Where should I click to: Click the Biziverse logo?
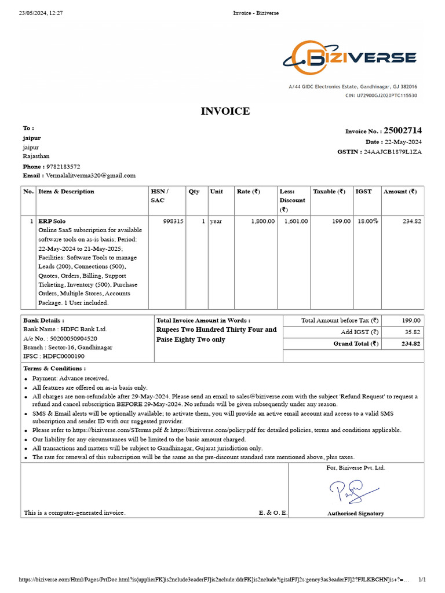point(349,58)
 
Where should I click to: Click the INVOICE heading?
point(225,111)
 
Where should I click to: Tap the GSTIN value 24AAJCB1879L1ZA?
point(392,152)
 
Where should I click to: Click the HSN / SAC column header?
point(160,196)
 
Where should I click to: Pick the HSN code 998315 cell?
point(173,221)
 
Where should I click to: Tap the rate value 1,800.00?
point(262,221)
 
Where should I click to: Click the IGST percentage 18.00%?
point(367,221)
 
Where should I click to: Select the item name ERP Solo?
point(52,221)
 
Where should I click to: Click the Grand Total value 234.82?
point(411,343)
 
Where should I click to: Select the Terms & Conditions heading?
point(54,368)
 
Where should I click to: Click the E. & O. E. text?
point(273,513)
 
